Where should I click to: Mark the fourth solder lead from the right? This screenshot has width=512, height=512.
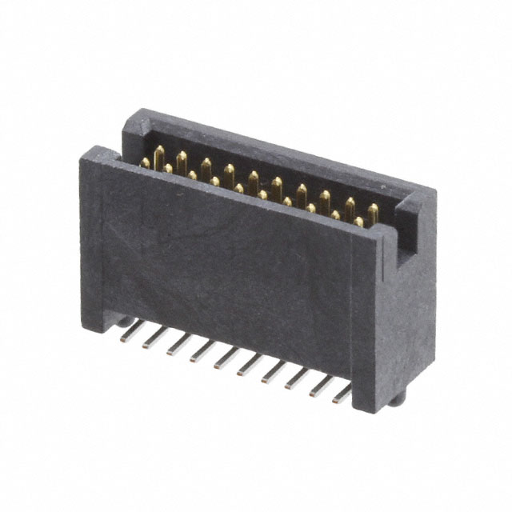coord(269,374)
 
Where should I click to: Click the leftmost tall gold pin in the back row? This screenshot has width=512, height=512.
coord(158,153)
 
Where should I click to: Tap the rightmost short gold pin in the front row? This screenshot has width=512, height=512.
coord(358,222)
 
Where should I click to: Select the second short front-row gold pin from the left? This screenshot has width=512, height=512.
coord(169,169)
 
